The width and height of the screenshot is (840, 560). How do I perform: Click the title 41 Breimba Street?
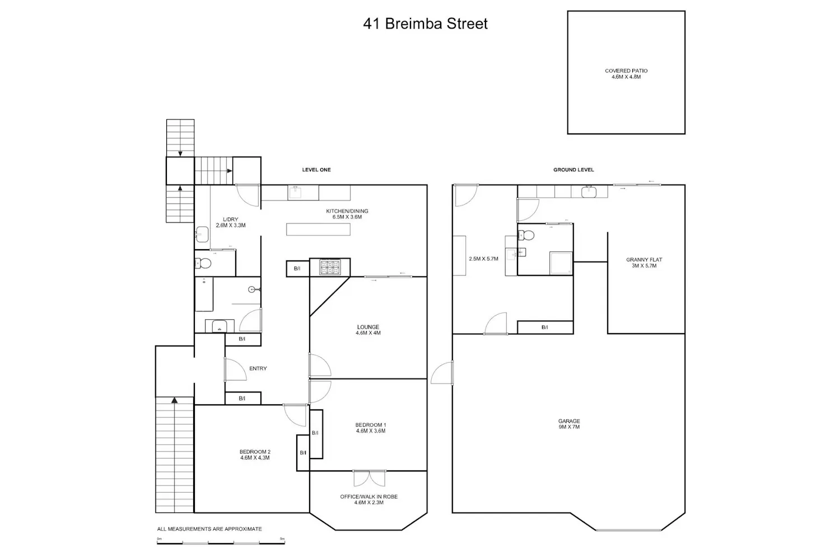[x=425, y=24]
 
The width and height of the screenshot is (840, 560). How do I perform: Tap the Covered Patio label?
[x=626, y=73]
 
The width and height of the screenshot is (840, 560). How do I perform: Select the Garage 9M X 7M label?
[x=569, y=424]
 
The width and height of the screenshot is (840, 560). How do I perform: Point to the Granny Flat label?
[x=644, y=263]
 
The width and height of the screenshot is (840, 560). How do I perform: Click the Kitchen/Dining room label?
[x=347, y=214]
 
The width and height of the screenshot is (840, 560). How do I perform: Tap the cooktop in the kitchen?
[x=330, y=268]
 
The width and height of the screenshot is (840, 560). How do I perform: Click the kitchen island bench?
[x=318, y=229]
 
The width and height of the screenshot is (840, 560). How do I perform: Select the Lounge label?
[x=368, y=330]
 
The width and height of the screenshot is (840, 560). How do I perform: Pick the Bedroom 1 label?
[x=371, y=428]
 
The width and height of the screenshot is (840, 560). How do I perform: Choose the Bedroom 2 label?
[x=255, y=455]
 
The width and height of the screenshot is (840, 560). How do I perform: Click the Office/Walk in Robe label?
[x=368, y=499]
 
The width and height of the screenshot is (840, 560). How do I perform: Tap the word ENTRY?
[x=258, y=368]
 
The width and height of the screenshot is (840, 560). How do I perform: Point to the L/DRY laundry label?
[x=231, y=222]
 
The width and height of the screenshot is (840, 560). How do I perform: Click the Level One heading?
[x=316, y=170]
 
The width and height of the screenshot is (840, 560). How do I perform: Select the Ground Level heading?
[x=573, y=170]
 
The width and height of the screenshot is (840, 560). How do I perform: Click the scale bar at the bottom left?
[x=221, y=543]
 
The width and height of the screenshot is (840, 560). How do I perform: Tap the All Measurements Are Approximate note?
[x=209, y=529]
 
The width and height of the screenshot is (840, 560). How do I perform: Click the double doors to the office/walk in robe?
[x=370, y=478]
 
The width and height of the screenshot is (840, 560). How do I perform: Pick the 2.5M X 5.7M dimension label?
[x=483, y=258]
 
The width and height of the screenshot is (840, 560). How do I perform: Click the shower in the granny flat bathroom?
[x=561, y=263]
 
